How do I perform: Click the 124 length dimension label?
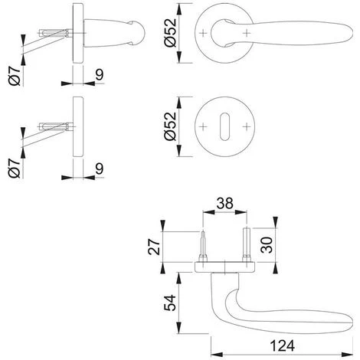(282, 346)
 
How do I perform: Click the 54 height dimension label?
(169, 303)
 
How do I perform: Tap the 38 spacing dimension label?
(225, 204)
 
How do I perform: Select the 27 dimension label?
(154, 247)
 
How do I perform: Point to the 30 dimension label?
(267, 245)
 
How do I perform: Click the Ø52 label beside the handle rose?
(170, 33)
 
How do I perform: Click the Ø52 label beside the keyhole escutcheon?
(170, 126)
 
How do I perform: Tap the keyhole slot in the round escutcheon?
(224, 126)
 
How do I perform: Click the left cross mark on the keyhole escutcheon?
(203, 126)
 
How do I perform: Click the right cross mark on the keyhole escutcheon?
(247, 126)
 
